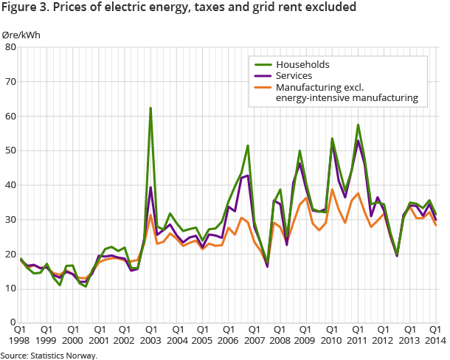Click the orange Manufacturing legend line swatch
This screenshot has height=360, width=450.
263,87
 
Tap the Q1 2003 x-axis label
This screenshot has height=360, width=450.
150,336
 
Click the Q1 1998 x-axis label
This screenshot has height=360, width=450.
20,336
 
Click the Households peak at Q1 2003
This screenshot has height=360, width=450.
150,108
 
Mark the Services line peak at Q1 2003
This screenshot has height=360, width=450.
150,187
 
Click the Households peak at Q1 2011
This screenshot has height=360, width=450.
358,125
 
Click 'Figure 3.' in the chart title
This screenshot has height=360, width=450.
23,9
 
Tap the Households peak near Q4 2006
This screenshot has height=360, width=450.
248,145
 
